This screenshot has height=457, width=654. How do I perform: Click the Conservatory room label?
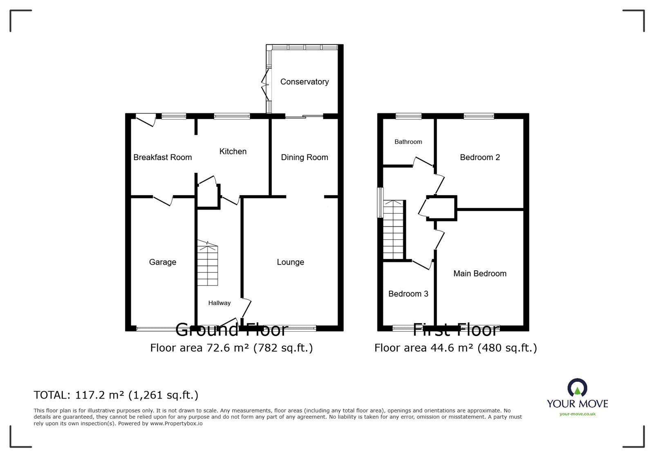pos(304,82)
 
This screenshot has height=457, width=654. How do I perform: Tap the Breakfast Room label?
pos(162,157)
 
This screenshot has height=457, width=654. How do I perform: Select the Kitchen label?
pos(233,152)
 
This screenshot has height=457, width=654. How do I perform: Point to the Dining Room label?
pos(304,157)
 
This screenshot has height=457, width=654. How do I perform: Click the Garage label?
pos(162,262)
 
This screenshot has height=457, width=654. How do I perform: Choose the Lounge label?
pos(290,262)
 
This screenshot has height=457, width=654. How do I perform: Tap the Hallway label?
pos(219,303)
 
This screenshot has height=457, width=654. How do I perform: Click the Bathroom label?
pos(408,142)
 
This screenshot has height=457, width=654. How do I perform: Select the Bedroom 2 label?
pos(479,157)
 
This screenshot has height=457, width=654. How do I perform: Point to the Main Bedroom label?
pos(479,274)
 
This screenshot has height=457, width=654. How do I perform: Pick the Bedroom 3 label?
pos(408,294)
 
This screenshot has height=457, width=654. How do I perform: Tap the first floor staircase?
pos(393,230)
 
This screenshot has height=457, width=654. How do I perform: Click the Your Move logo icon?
pos(577,388)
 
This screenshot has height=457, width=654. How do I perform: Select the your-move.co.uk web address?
pos(577,414)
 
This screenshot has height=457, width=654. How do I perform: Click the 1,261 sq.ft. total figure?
pos(163,395)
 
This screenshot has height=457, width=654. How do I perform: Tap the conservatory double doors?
pos(266,85)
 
